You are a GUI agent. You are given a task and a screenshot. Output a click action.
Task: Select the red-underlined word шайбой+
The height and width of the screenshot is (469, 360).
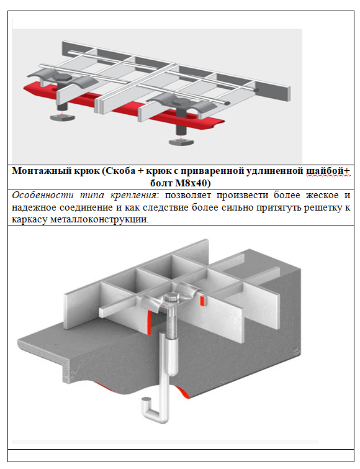[x=328, y=171]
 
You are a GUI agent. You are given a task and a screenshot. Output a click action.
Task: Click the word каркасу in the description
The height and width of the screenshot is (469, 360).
[x=30, y=219]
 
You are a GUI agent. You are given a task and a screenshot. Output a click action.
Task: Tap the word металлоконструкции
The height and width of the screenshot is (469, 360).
[x=99, y=219]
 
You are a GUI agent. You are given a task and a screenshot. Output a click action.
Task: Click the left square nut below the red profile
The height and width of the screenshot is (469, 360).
[x=62, y=117]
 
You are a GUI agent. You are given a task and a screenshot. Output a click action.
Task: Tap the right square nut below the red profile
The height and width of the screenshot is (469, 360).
[x=181, y=142]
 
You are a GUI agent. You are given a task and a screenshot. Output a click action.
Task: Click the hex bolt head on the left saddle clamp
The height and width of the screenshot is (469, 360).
[x=62, y=78]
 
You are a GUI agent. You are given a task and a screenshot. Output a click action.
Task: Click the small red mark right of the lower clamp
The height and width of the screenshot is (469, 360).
[x=202, y=301]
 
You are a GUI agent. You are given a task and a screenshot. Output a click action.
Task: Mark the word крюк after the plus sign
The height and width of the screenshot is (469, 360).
[x=160, y=171]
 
